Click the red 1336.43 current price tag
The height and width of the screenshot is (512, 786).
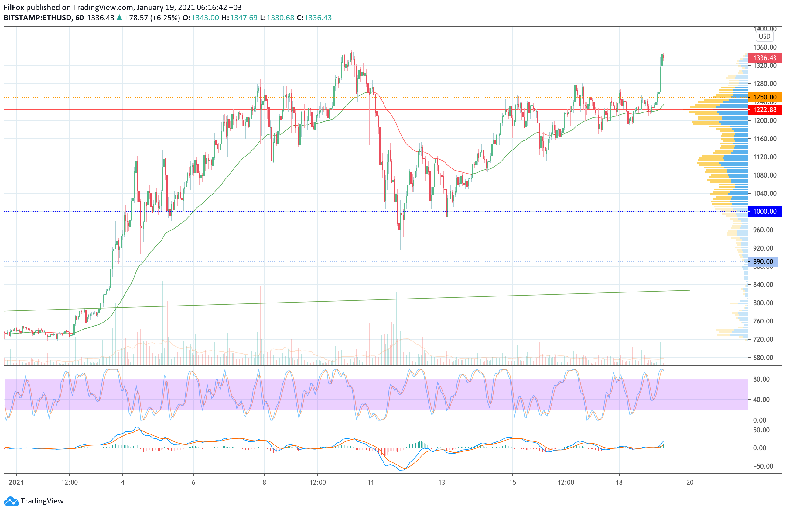click(x=764, y=58)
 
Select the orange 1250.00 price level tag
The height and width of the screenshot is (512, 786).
click(x=764, y=97)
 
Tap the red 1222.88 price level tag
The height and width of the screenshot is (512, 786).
click(x=764, y=110)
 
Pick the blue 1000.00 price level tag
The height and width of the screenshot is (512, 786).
click(x=764, y=212)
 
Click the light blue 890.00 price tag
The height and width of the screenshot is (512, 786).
click(x=763, y=262)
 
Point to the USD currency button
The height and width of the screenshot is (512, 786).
click(x=764, y=36)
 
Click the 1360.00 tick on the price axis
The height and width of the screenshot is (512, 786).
click(x=764, y=47)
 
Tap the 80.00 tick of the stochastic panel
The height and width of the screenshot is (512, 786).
click(x=761, y=379)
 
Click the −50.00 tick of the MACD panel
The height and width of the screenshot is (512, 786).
click(x=761, y=466)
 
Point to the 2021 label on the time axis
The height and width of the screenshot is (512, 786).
click(x=16, y=482)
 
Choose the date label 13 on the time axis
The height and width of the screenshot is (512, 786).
click(x=442, y=482)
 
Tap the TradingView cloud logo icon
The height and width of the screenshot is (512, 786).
click(x=12, y=501)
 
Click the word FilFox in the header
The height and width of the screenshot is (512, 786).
click(x=14, y=7)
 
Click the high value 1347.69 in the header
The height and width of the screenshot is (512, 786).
click(x=243, y=18)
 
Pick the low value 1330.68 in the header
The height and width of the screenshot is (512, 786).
click(x=280, y=18)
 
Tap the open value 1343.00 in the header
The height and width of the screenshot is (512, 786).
click(x=205, y=18)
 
